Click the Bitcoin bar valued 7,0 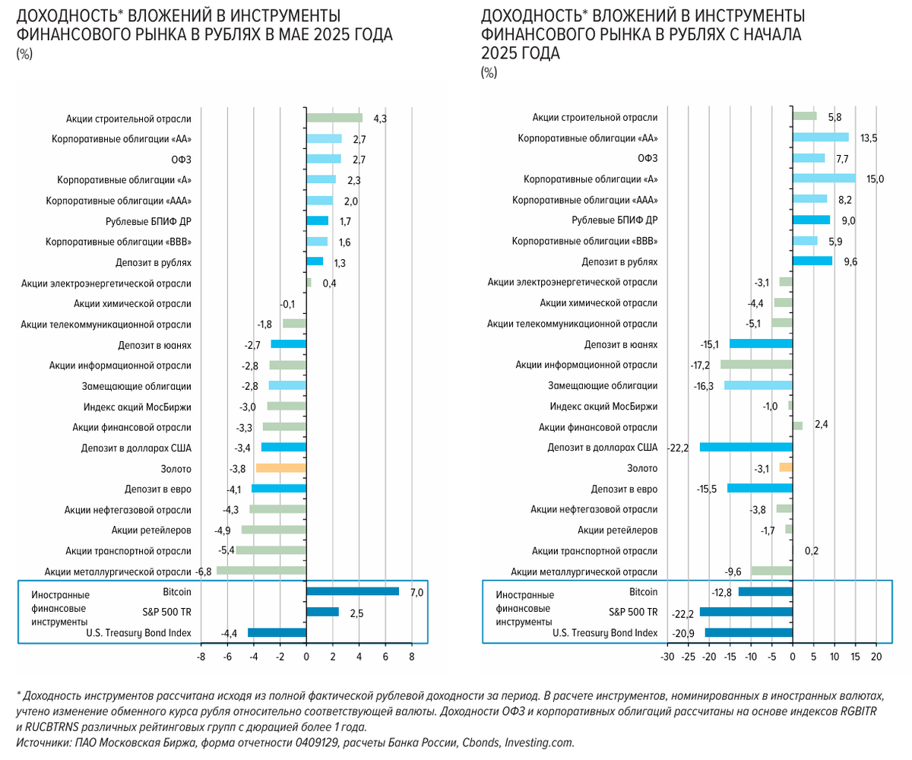(x=352, y=591)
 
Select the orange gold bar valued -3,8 (x=281, y=468)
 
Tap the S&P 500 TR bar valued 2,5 (x=322, y=612)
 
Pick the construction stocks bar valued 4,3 (x=334, y=118)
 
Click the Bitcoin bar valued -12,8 (x=765, y=591)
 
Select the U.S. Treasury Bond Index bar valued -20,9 (x=749, y=632)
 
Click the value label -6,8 (x=204, y=572)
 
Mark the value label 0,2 (x=811, y=551)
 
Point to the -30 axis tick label (x=667, y=656)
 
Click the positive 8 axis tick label (x=411, y=656)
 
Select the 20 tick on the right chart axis (x=876, y=656)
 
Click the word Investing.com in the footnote (x=540, y=743)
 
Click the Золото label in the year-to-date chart (x=642, y=468)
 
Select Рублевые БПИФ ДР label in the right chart (x=615, y=220)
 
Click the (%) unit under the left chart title (x=24, y=53)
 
